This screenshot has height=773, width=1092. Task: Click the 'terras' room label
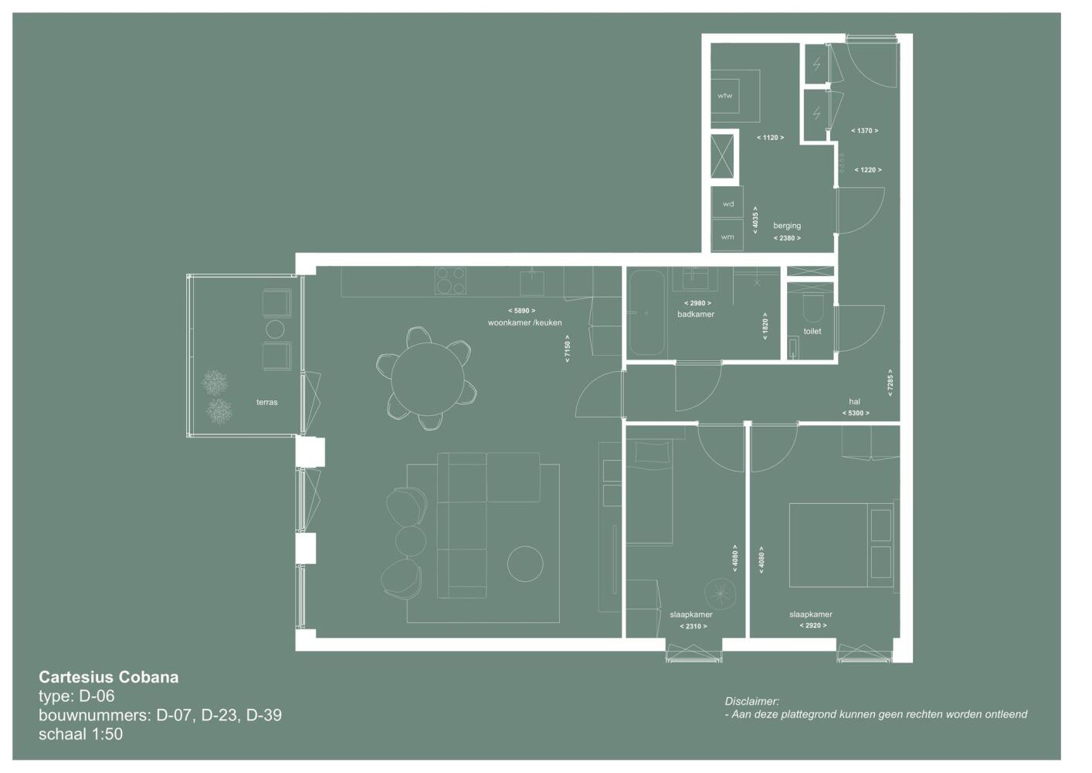pos(266,402)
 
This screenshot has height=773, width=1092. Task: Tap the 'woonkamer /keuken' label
pos(524,322)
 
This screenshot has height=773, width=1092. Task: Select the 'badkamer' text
pos(696,315)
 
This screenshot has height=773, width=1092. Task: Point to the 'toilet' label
pos(812,332)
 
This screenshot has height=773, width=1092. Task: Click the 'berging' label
pos(787,226)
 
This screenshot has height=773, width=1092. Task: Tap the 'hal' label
pos(854,402)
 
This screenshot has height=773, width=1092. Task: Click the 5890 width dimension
pos(521,311)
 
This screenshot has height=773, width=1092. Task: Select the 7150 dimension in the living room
pos(567,349)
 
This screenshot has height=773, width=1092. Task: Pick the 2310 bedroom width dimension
pos(694,626)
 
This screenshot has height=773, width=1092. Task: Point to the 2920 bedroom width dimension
pos(812,625)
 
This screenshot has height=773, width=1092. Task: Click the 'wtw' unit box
pos(725,96)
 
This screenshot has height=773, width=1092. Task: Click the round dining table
pos(428,379)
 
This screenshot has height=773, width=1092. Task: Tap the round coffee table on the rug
pos(525,564)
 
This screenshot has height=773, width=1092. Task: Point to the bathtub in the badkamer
pos(647,312)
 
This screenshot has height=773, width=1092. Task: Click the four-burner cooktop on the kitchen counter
pos(450,281)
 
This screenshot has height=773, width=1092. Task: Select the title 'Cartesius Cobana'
pos(109,677)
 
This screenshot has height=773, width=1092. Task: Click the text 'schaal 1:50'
pos(81,734)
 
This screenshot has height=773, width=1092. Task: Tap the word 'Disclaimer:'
pos(751,701)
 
